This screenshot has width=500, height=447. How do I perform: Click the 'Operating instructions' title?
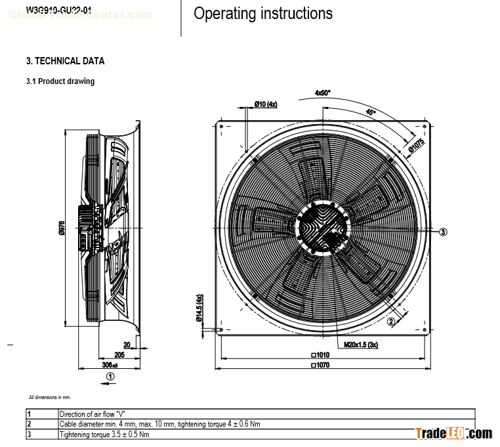(263, 14)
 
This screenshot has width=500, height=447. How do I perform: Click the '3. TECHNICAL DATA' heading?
(65, 61)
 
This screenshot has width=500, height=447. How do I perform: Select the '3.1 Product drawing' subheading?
(60, 81)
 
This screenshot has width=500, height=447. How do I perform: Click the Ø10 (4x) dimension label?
(266, 104)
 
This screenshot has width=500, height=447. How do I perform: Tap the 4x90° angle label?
(322, 93)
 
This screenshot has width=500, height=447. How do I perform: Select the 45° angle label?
(371, 112)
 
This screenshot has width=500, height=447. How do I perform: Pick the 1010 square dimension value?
(320, 355)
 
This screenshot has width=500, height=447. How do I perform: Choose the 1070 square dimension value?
(320, 364)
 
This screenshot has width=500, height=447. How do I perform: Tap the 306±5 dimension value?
(110, 364)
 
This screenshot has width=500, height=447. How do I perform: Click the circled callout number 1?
(110, 377)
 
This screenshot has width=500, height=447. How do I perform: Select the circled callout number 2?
(391, 322)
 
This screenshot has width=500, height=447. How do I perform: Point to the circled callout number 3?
(443, 231)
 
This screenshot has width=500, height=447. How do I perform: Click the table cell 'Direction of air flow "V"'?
(92, 414)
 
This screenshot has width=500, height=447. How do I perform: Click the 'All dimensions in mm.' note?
(50, 397)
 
